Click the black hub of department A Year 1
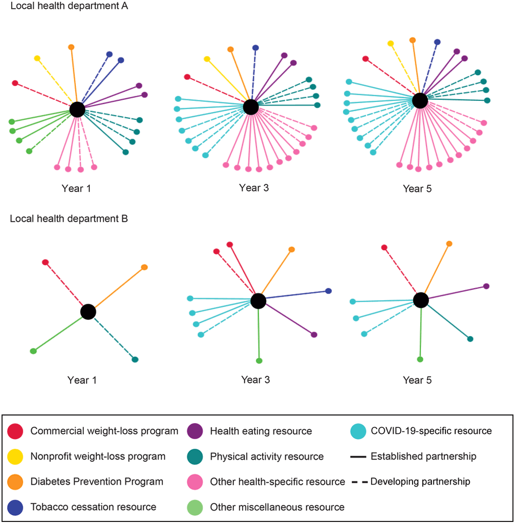(77, 109)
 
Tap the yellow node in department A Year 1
(37, 59)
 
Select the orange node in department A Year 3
(231, 49)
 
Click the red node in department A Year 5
(366, 59)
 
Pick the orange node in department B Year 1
(144, 267)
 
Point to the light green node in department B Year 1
(33, 351)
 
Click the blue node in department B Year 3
(329, 291)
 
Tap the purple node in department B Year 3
(314, 335)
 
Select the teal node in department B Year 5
(470, 339)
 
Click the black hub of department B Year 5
(421, 300)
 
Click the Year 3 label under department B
(256, 380)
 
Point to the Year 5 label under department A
(418, 189)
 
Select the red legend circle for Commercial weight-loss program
(16, 431)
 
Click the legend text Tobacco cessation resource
(93, 507)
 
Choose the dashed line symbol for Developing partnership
(359, 482)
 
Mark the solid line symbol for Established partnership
(359, 457)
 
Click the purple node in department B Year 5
(486, 286)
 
